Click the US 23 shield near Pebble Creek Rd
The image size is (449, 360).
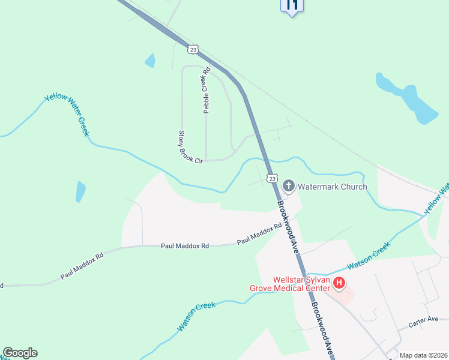pyautogui.click(x=192, y=48)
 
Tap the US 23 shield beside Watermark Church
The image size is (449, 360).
pyautogui.click(x=272, y=178)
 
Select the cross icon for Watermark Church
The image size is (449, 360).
pyautogui.click(x=288, y=186)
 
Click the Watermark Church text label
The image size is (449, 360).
pyautogui.click(x=333, y=187)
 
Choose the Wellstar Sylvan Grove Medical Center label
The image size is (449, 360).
pyautogui.click(x=290, y=283)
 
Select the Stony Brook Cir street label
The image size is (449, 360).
pyautogui.click(x=191, y=146)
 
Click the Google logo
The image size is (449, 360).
pyautogui.click(x=20, y=353)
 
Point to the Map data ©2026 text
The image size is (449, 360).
pyautogui.click(x=424, y=355)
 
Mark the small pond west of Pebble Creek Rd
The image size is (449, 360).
pyautogui.click(x=150, y=60)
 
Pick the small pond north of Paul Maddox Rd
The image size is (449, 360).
pyautogui.click(x=80, y=191)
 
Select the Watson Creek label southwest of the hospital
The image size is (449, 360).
pyautogui.click(x=196, y=316)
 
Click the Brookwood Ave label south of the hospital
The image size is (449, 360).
pyautogui.click(x=322, y=326)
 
